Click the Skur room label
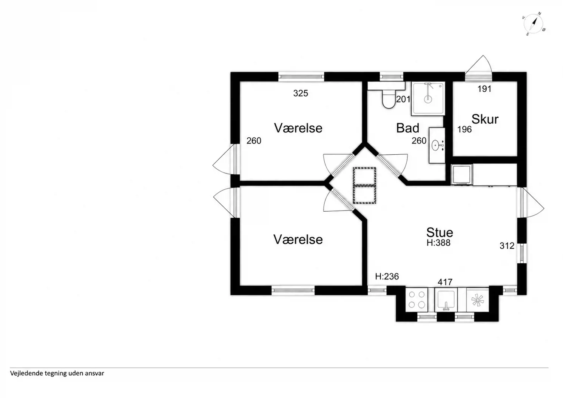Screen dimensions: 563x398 click(485, 119)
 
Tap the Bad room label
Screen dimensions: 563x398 click(408, 128)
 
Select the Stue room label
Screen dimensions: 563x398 click(440, 232)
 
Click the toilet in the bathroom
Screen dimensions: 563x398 click(389, 100)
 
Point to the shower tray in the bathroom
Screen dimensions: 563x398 click(428, 98)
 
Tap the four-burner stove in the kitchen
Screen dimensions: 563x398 click(416, 300)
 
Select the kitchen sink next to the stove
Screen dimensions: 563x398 click(446, 300)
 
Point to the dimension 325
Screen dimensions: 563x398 click(301, 94)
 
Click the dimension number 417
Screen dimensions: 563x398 click(445, 282)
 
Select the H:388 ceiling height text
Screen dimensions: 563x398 click(438, 243)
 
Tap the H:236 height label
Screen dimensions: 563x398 click(387, 277)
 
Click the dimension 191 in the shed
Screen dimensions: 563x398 click(484, 89)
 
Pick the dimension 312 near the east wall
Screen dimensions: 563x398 click(507, 246)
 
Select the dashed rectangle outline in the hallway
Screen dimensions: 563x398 click(364, 185)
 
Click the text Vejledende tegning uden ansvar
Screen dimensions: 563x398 click(57, 373)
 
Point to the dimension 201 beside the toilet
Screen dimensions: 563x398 click(403, 100)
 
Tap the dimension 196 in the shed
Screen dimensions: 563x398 click(464, 129)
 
